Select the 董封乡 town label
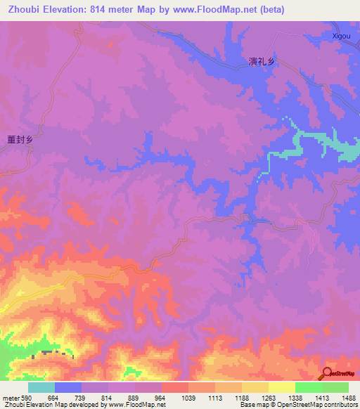pyautogui.click(x=20, y=140)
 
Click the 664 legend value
pyautogui.click(x=54, y=398)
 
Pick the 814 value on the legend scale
pyautogui.click(x=108, y=398)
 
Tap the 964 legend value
pyautogui.click(x=161, y=398)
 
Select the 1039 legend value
pyautogui.click(x=188, y=398)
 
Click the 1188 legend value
pyautogui.click(x=241, y=398)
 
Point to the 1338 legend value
pyautogui.click(x=295, y=398)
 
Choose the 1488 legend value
pyautogui.click(x=347, y=398)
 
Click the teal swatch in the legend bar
pyautogui.click(x=41, y=387)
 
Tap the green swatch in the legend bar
pyautogui.click(x=308, y=387)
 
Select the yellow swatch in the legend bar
pyautogui.click(x=281, y=387)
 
